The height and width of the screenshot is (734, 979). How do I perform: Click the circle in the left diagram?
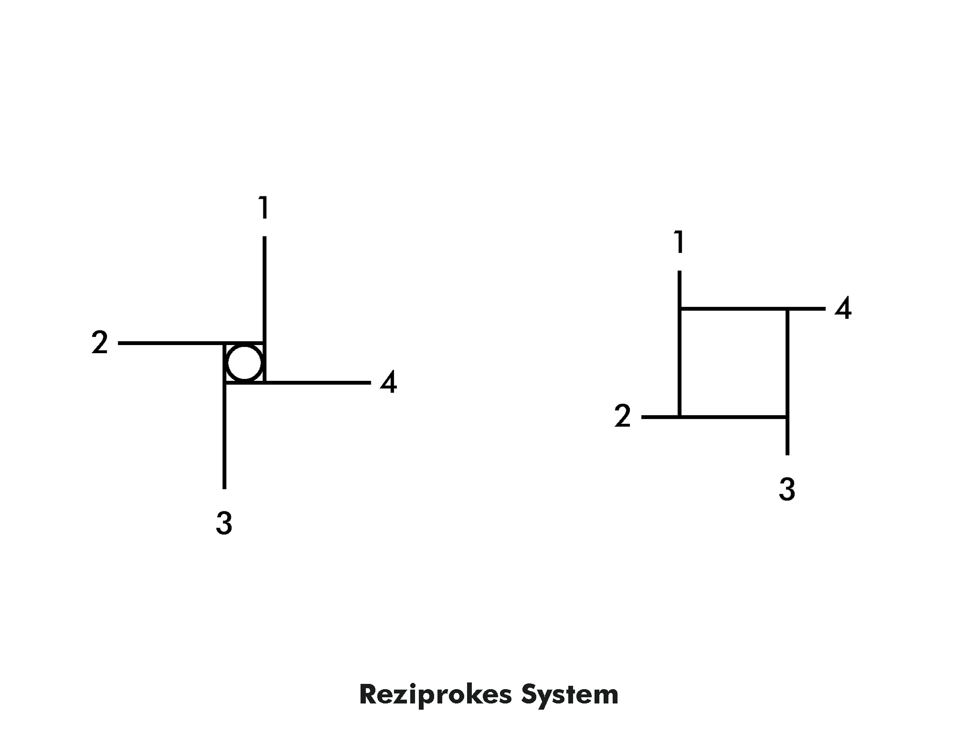[244, 363]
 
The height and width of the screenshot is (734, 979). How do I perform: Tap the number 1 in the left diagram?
[263, 207]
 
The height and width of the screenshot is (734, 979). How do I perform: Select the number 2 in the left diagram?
[99, 343]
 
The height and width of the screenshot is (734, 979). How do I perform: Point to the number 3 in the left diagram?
[224, 523]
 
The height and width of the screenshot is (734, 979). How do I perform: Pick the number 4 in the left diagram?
[389, 383]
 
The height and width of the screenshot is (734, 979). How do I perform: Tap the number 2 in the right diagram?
[622, 416]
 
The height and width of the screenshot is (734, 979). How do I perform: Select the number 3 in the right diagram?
[787, 489]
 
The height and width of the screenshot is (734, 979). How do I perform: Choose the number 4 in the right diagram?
[843, 309]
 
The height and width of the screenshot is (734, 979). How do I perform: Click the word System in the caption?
[570, 695]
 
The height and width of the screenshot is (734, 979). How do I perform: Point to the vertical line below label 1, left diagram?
[264, 287]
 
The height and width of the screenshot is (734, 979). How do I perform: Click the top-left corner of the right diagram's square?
[679, 309]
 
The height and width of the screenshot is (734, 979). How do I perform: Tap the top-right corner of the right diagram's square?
[787, 309]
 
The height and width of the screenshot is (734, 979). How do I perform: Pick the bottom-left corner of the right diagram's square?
[679, 417]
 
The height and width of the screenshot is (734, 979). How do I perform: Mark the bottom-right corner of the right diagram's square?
[787, 417]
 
